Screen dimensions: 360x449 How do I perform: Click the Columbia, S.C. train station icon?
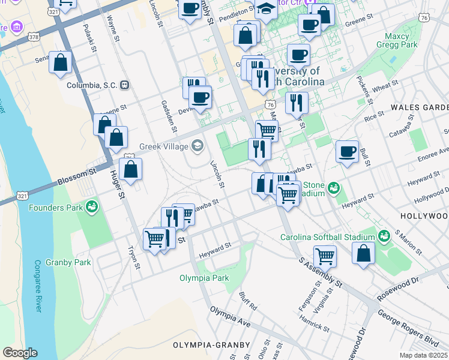tap(125, 85)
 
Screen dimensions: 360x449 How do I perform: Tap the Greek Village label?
tap(164, 146)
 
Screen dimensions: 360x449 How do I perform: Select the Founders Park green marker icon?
tap(91, 208)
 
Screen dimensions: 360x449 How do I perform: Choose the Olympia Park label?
tap(204, 278)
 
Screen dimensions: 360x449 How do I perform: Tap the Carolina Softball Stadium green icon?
tap(383, 233)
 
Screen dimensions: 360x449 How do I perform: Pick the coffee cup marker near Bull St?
tap(347, 152)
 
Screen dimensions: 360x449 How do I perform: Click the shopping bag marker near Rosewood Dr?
tap(364, 253)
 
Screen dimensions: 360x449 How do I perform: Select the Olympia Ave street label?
tap(230, 317)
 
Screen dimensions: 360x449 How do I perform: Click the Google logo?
tap(20, 353)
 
